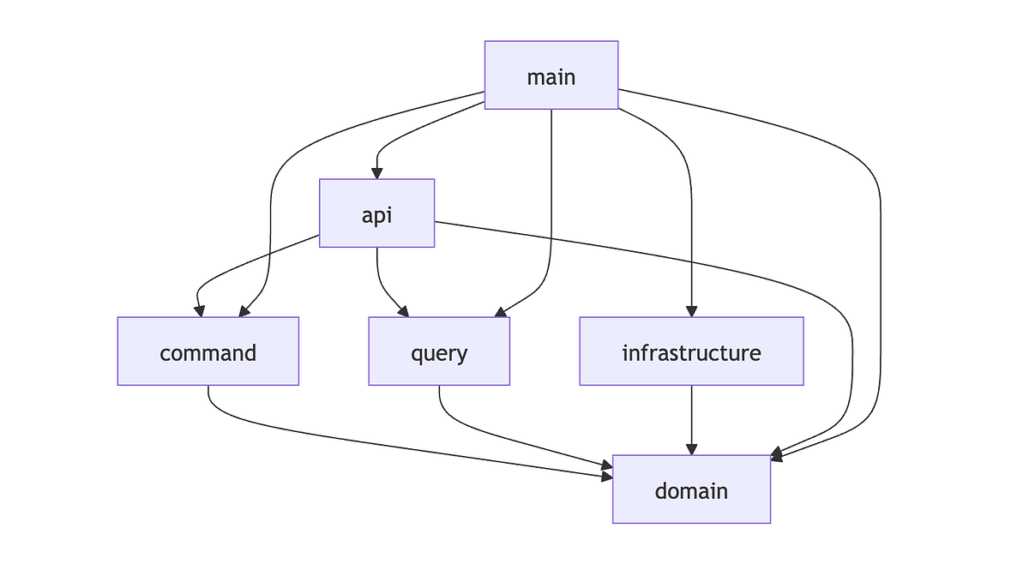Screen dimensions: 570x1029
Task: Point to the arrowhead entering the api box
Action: coord(377,173)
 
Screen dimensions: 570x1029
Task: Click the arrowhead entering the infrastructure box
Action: coord(691,311)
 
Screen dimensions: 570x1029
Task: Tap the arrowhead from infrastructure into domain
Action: coord(691,449)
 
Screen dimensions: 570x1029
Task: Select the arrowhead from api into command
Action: coord(199,311)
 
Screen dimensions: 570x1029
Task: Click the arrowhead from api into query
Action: coord(403,311)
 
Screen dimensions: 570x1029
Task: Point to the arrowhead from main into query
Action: coord(500,312)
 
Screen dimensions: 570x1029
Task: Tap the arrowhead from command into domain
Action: coord(606,470)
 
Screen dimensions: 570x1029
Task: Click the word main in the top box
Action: coord(551,77)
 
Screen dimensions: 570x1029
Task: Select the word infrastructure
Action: coord(691,352)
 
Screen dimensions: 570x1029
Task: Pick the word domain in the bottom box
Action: coord(691,491)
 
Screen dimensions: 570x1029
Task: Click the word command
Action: coord(208,352)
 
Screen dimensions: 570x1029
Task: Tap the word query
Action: coord(439,353)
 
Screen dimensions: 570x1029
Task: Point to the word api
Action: coord(377,214)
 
